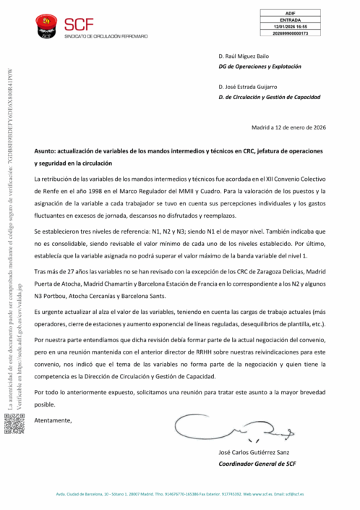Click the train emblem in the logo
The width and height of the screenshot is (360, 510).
[48, 27]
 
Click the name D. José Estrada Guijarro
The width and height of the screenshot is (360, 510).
[253, 87]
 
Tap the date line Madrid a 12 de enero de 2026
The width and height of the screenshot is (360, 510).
[288, 128]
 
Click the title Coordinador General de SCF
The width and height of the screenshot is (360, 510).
[257, 463]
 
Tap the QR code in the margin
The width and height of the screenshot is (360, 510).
[14, 424]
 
